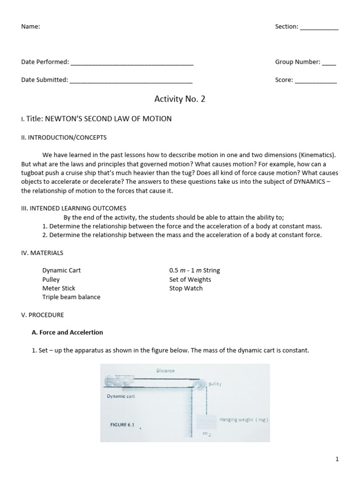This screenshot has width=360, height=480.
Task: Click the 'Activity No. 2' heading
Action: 180,99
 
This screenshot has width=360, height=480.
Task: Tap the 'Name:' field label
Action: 30,27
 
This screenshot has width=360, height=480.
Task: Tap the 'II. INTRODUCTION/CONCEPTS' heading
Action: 64,137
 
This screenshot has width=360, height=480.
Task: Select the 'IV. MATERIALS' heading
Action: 42,253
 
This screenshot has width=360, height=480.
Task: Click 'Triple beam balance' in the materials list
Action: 71,297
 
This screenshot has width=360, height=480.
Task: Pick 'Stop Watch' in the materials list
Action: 186,288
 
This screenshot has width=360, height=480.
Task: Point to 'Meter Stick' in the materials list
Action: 59,288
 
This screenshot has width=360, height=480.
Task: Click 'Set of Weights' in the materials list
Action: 190,279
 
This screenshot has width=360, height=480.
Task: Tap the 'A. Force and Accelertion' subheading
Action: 67,332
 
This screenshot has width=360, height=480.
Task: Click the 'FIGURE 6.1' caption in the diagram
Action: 122,425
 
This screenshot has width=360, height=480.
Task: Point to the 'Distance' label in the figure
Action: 165,371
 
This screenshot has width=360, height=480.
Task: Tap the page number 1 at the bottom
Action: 337,459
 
